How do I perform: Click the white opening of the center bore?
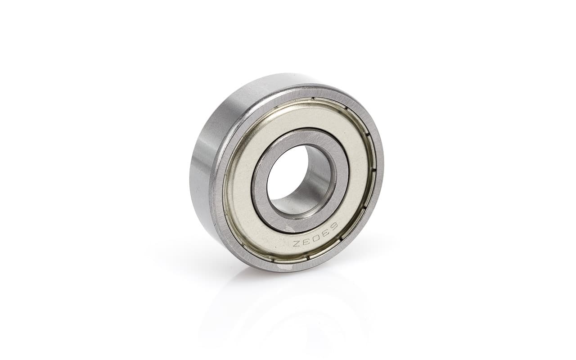(x=285, y=175)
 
